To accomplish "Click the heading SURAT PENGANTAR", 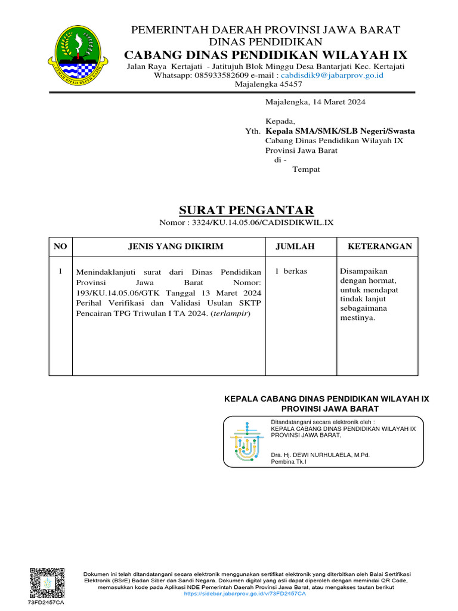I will pyautogui.click(x=246, y=210).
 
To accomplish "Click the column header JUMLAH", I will pyautogui.click(x=295, y=246).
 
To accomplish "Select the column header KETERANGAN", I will pyautogui.click(x=380, y=246).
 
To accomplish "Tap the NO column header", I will pyautogui.click(x=61, y=246).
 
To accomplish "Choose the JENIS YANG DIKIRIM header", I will pyautogui.click(x=168, y=246).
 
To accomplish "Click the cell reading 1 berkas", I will pyautogui.click(x=291, y=271).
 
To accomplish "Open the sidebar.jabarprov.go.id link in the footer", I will pyautogui.click(x=246, y=594).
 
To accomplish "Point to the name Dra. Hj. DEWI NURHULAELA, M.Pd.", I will pyautogui.click(x=320, y=455).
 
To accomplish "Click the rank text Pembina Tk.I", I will pyautogui.click(x=289, y=462).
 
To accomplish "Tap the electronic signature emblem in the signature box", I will pyautogui.click(x=246, y=442).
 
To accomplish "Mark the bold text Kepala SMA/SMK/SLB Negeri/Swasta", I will pyautogui.click(x=341, y=131).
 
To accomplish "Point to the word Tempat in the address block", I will pyautogui.click(x=306, y=169).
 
